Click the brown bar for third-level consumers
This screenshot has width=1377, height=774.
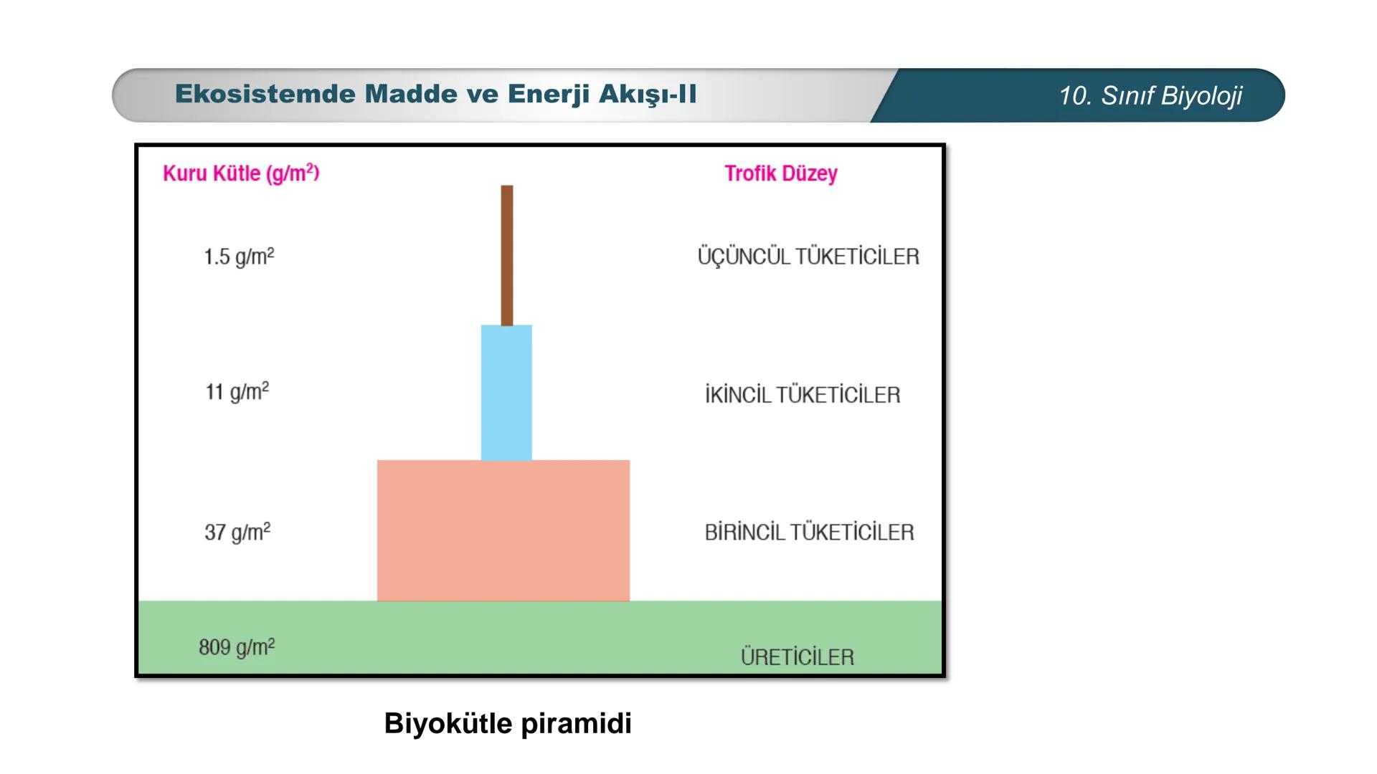(x=507, y=255)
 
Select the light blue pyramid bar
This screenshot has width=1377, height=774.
(x=506, y=393)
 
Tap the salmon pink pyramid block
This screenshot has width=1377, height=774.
(x=503, y=530)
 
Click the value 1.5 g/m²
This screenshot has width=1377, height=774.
(x=239, y=257)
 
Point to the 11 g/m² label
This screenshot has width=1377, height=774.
(x=237, y=391)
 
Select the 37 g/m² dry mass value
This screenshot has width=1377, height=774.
(x=237, y=532)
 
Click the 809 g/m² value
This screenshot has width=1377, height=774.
(x=237, y=647)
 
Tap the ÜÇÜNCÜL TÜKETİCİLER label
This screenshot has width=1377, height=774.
(x=808, y=256)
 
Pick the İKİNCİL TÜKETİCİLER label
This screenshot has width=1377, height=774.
(x=803, y=394)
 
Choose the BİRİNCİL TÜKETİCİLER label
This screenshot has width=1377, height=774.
(x=809, y=532)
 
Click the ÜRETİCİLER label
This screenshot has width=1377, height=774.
(x=798, y=656)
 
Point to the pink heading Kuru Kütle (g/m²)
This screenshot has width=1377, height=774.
(x=241, y=173)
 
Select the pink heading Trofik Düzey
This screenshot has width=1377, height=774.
(x=781, y=173)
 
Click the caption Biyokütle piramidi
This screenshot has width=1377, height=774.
(x=508, y=723)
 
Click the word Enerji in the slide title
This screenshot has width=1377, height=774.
(x=549, y=95)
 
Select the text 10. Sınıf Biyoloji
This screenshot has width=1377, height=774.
(x=1150, y=95)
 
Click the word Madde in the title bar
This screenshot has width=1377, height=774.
(x=410, y=94)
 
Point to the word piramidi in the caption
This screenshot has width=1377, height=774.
(x=576, y=724)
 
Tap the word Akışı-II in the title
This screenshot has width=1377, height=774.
(x=648, y=95)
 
